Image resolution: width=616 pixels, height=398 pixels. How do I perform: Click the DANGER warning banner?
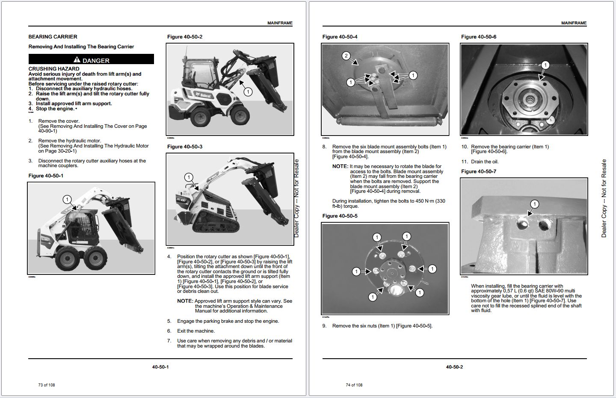coord(91,60)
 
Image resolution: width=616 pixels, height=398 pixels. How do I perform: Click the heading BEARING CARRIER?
coord(53,37)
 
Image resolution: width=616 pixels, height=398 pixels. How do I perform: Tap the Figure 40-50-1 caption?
coord(46,176)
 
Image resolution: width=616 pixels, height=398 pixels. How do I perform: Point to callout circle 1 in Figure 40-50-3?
coord(188,177)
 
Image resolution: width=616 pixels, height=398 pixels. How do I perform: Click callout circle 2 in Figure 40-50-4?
coord(346,56)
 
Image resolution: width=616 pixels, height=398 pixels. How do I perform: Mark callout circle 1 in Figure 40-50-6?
coord(545,65)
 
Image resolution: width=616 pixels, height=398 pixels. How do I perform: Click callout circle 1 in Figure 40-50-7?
coord(534,204)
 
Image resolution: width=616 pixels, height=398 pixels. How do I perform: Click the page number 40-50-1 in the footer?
coord(160,367)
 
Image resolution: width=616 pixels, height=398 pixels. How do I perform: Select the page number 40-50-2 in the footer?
coord(454,367)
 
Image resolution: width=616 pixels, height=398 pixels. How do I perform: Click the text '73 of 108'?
coord(47,385)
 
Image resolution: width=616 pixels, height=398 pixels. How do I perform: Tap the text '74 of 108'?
coord(354,385)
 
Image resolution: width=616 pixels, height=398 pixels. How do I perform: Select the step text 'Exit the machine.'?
coord(196,331)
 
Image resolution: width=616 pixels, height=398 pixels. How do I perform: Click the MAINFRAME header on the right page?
coord(574,23)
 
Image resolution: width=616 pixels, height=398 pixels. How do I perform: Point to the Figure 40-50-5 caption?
coord(340,216)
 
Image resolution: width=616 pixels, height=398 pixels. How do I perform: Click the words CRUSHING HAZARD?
coord(54,69)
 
